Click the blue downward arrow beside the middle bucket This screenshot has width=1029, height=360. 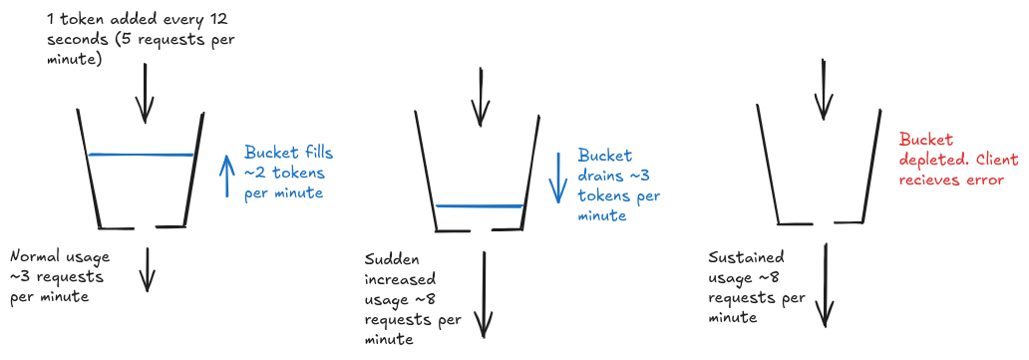[x=558, y=177]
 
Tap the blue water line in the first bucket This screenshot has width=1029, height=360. [x=141, y=155]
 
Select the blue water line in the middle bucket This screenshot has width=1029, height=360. [x=479, y=206]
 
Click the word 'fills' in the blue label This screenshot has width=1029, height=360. [x=313, y=154]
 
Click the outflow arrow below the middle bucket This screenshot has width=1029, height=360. [x=485, y=294]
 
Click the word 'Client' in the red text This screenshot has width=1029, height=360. [x=982, y=161]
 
